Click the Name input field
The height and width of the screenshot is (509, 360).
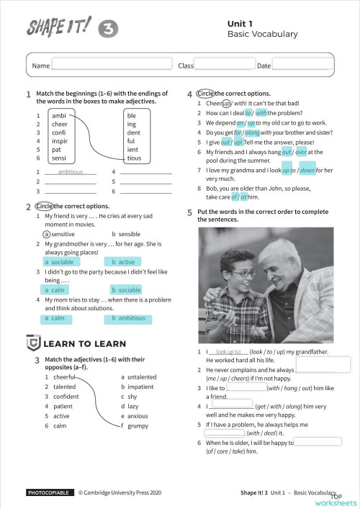click(112, 66)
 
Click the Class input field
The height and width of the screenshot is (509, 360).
click(224, 66)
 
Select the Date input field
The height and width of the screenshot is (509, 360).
click(300, 66)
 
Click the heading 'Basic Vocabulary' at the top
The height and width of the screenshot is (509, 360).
click(252, 34)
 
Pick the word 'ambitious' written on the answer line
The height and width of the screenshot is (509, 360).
click(70, 172)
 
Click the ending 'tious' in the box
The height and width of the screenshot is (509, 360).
click(135, 158)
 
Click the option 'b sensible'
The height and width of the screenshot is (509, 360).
click(126, 235)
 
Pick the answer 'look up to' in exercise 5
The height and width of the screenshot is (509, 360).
click(228, 352)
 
